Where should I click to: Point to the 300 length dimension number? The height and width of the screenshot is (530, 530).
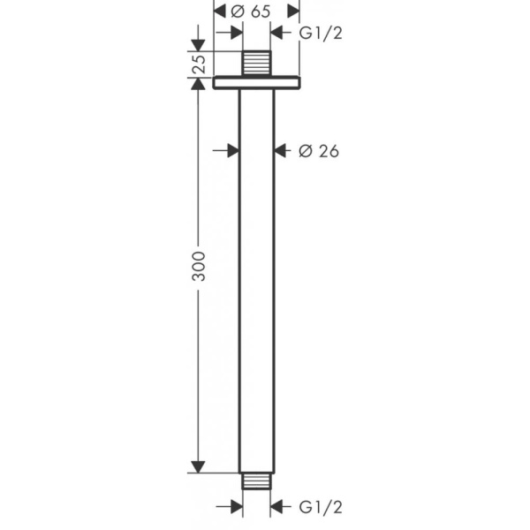[x=199, y=267]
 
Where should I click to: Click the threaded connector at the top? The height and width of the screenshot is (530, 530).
[x=257, y=64]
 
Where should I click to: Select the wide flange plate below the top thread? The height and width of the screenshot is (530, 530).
[x=257, y=84]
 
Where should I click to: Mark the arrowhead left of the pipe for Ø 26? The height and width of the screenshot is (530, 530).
[x=232, y=151]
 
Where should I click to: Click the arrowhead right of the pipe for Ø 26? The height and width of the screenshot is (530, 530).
[x=281, y=151]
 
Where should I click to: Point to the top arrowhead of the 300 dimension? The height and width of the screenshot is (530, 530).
[x=199, y=96]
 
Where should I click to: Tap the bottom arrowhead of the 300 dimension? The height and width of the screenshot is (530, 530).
[x=199, y=467]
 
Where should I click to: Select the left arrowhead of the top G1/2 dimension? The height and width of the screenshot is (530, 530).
[x=236, y=34]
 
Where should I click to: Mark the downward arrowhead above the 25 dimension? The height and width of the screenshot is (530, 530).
[x=199, y=45]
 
